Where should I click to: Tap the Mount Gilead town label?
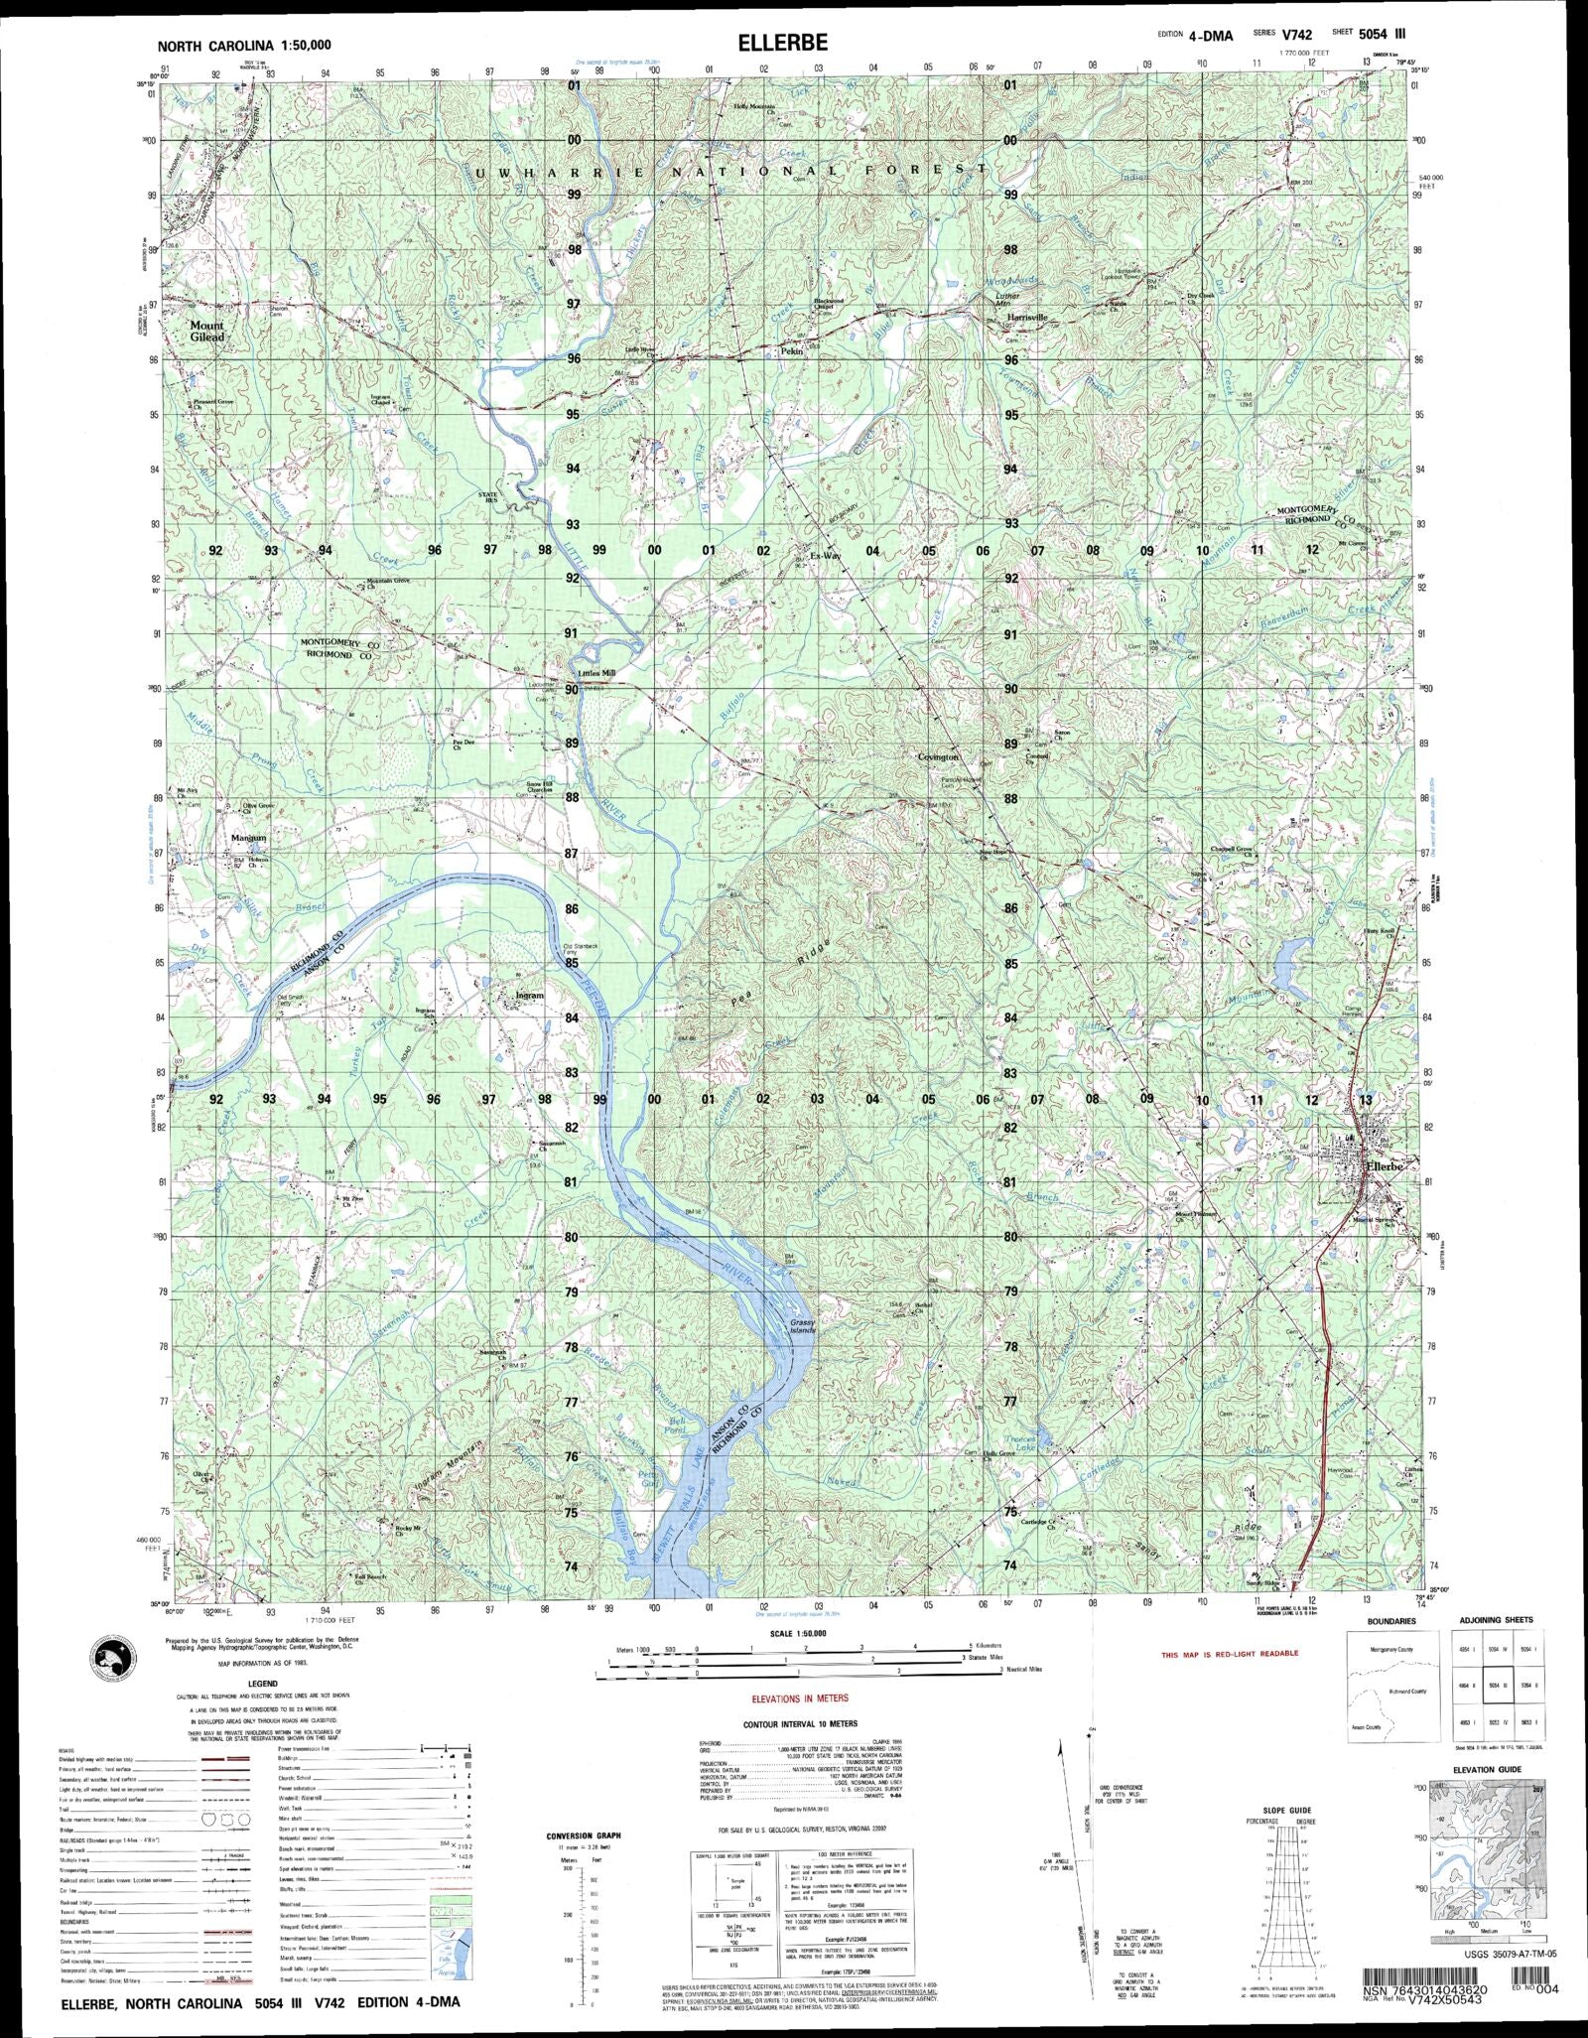pos(207,331)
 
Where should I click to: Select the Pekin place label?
pos(791,351)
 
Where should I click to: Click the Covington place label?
pos(938,756)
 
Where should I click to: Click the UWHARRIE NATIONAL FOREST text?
pos(731,172)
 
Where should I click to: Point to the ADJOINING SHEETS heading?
pos(1496,1619)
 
